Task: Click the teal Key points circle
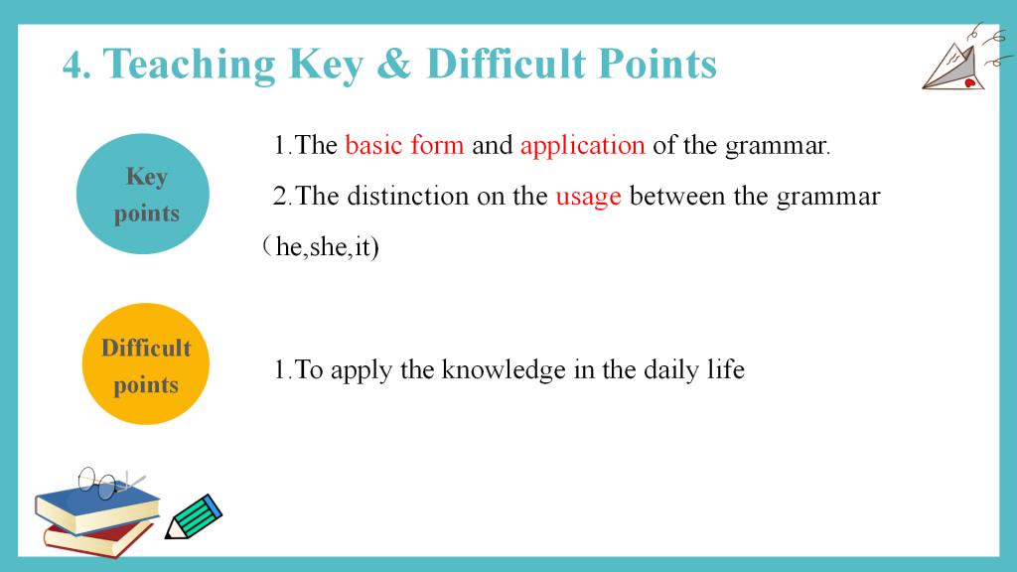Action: (x=143, y=194)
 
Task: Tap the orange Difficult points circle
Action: (x=145, y=363)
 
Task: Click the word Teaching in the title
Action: (x=190, y=65)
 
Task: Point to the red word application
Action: (x=582, y=145)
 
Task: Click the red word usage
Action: (x=588, y=197)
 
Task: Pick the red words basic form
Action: (x=405, y=145)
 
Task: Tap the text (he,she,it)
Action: (x=321, y=246)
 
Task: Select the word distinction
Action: (x=407, y=196)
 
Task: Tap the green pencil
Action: (x=194, y=516)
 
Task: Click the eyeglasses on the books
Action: (x=107, y=483)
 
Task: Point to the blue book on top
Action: (x=97, y=508)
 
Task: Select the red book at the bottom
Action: (x=97, y=538)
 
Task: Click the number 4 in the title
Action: (x=73, y=66)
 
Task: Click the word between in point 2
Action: (x=677, y=196)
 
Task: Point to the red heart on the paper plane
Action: (x=970, y=82)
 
